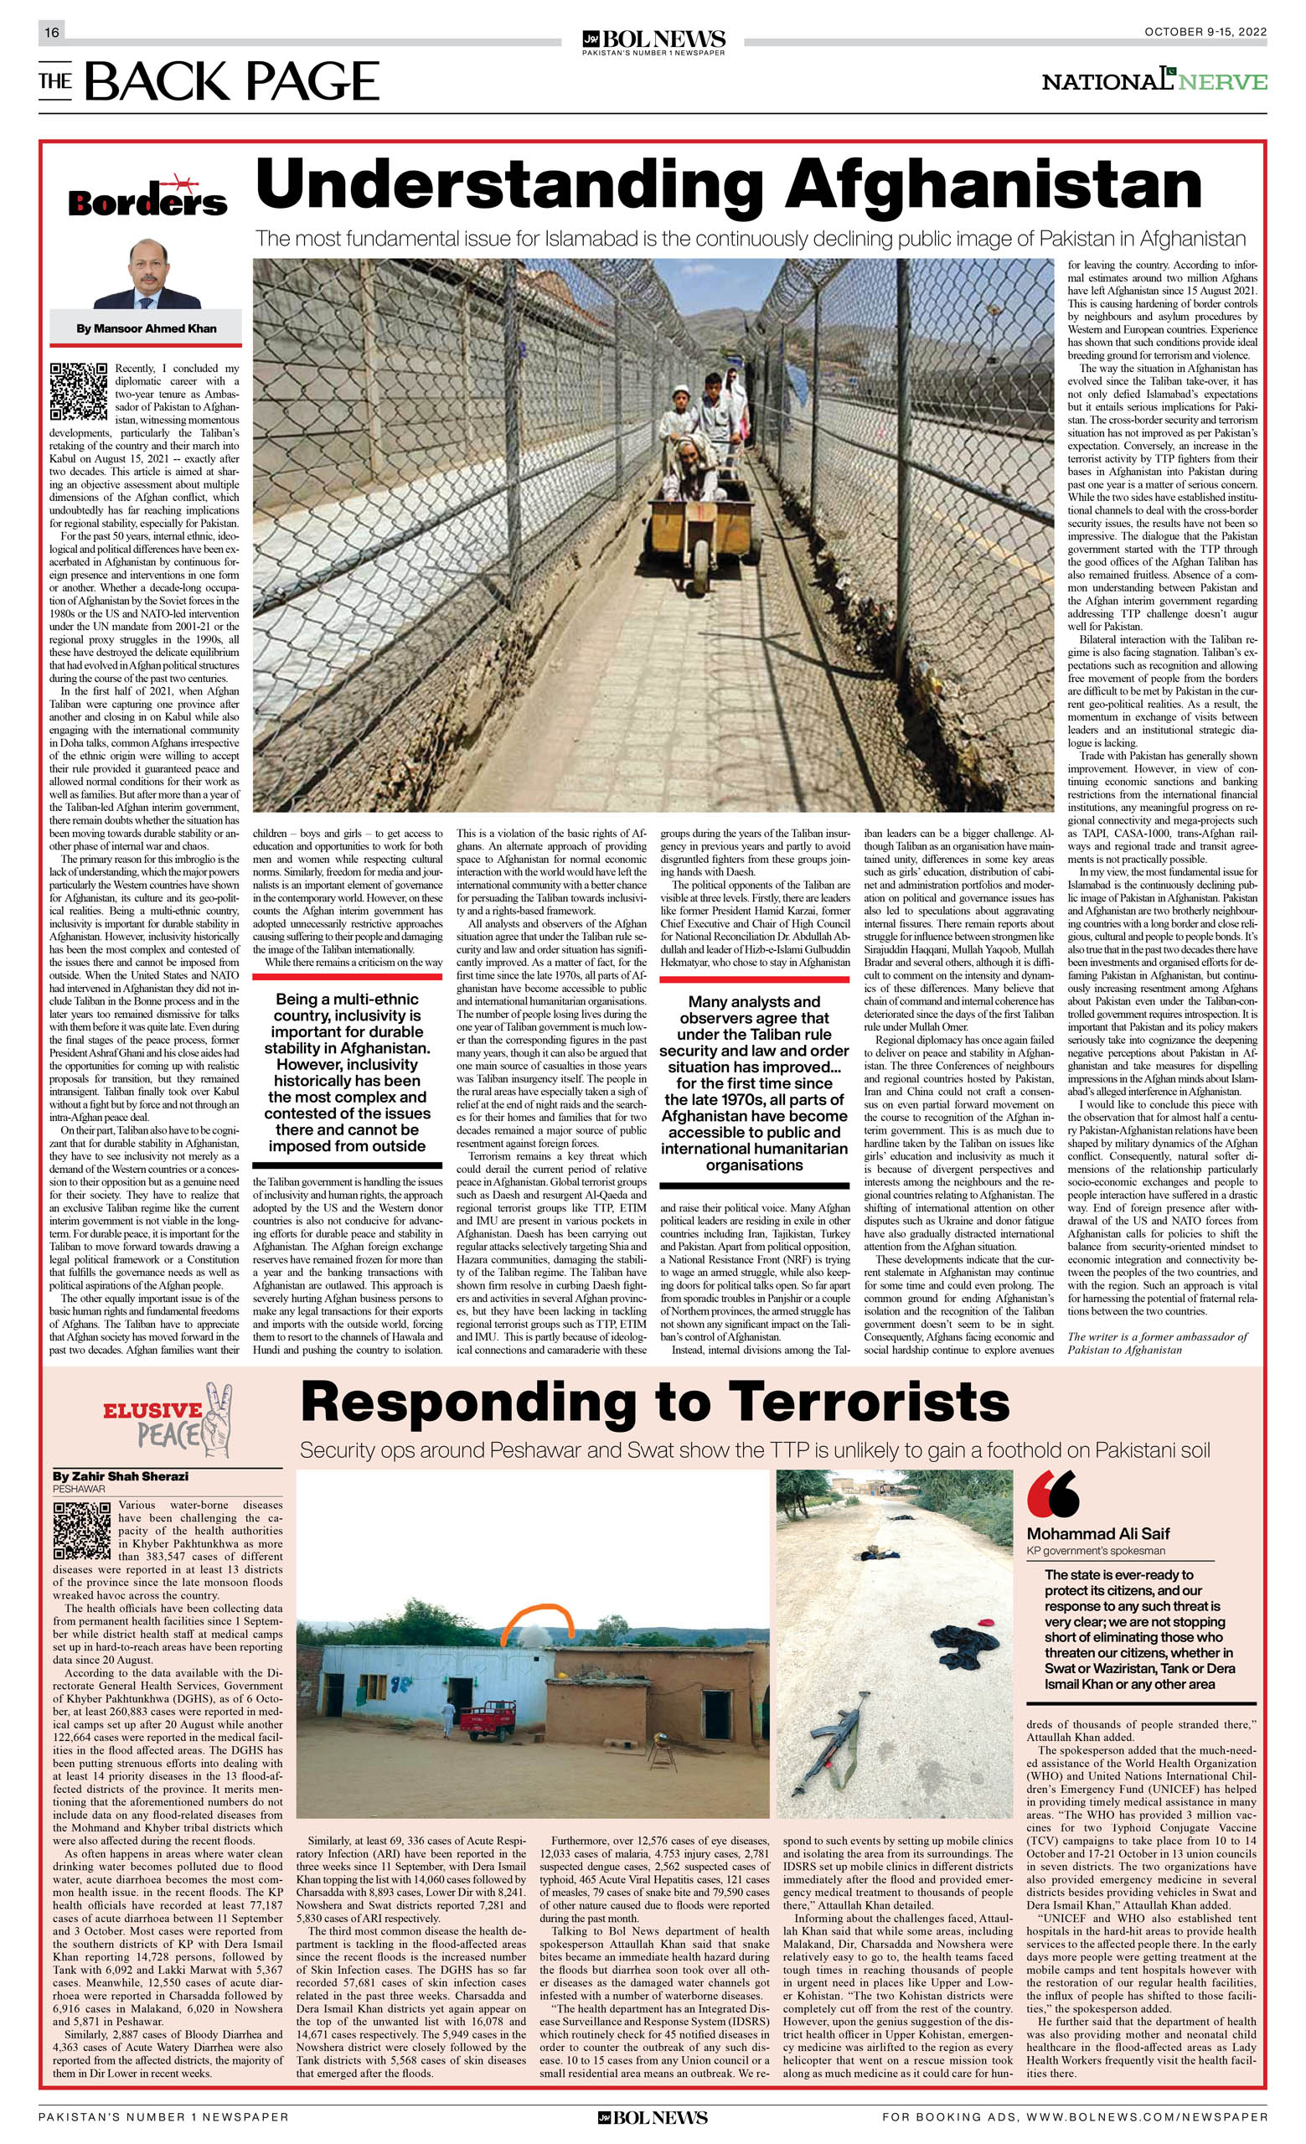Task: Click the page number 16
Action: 51,32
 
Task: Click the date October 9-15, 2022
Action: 1205,32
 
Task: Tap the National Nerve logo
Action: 1154,81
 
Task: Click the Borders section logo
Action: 147,199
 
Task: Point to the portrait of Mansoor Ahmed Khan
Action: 147,274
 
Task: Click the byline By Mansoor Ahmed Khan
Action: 146,328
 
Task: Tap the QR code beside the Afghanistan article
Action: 78,390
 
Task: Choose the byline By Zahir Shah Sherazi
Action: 120,1475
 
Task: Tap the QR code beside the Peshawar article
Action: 82,1531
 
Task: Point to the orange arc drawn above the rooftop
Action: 537,1620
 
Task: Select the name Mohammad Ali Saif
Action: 1098,1533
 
